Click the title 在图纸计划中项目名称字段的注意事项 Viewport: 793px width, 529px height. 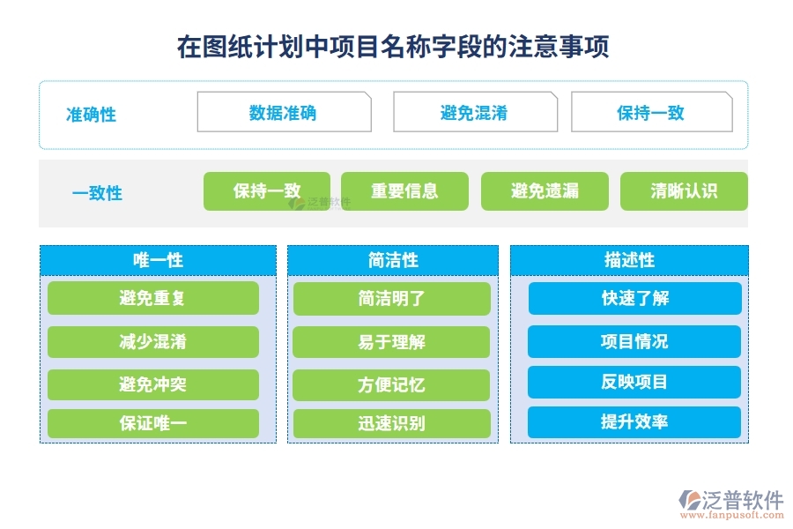pos(393,46)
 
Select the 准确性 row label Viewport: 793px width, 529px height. pos(92,115)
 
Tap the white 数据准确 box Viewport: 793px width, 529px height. pos(284,113)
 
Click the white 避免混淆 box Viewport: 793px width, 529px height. pos(474,113)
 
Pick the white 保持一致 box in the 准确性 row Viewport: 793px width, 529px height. pos(651,113)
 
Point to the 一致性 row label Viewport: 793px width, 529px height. pos(97,193)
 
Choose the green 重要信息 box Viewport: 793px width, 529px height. pos(404,191)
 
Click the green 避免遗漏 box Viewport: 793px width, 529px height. pos(545,191)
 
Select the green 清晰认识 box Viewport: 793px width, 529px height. pos(684,191)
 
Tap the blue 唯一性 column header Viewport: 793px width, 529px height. pos(158,260)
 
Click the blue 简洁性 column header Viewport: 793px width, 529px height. pos(393,260)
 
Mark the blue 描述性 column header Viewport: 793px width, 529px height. pos(629,260)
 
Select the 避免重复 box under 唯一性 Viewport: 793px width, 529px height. pos(153,299)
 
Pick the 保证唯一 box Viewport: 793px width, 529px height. pos(153,423)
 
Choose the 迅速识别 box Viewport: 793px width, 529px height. pos(391,423)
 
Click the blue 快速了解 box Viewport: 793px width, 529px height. pos(634,299)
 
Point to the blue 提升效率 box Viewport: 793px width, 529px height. pos(634,422)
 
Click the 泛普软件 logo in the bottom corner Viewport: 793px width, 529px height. pos(730,504)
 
